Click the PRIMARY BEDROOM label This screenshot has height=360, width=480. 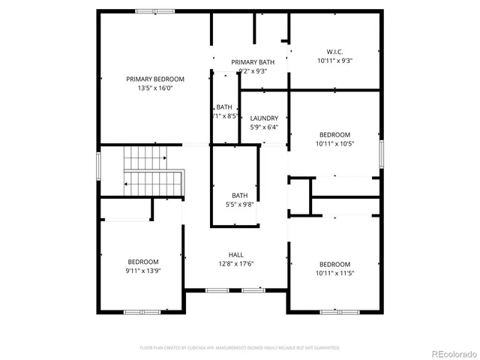(155, 79)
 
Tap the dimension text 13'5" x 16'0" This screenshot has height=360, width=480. (155, 88)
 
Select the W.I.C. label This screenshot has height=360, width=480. (334, 52)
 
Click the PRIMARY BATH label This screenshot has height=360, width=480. (253, 62)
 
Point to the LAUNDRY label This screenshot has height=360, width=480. (264, 118)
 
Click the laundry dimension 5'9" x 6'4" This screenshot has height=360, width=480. (264, 127)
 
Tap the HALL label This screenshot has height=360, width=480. (235, 254)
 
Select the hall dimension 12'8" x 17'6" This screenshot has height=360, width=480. (235, 263)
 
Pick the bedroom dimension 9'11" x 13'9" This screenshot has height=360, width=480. (142, 270)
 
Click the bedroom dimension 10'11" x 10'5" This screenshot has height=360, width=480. (334, 143)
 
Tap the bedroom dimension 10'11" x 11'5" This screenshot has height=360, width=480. (334, 273)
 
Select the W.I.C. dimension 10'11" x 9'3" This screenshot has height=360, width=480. (334, 61)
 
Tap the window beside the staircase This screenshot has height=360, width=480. (98, 165)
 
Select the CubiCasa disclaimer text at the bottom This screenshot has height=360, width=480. (240, 348)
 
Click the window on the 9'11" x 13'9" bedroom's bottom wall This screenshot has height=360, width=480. (142, 311)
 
